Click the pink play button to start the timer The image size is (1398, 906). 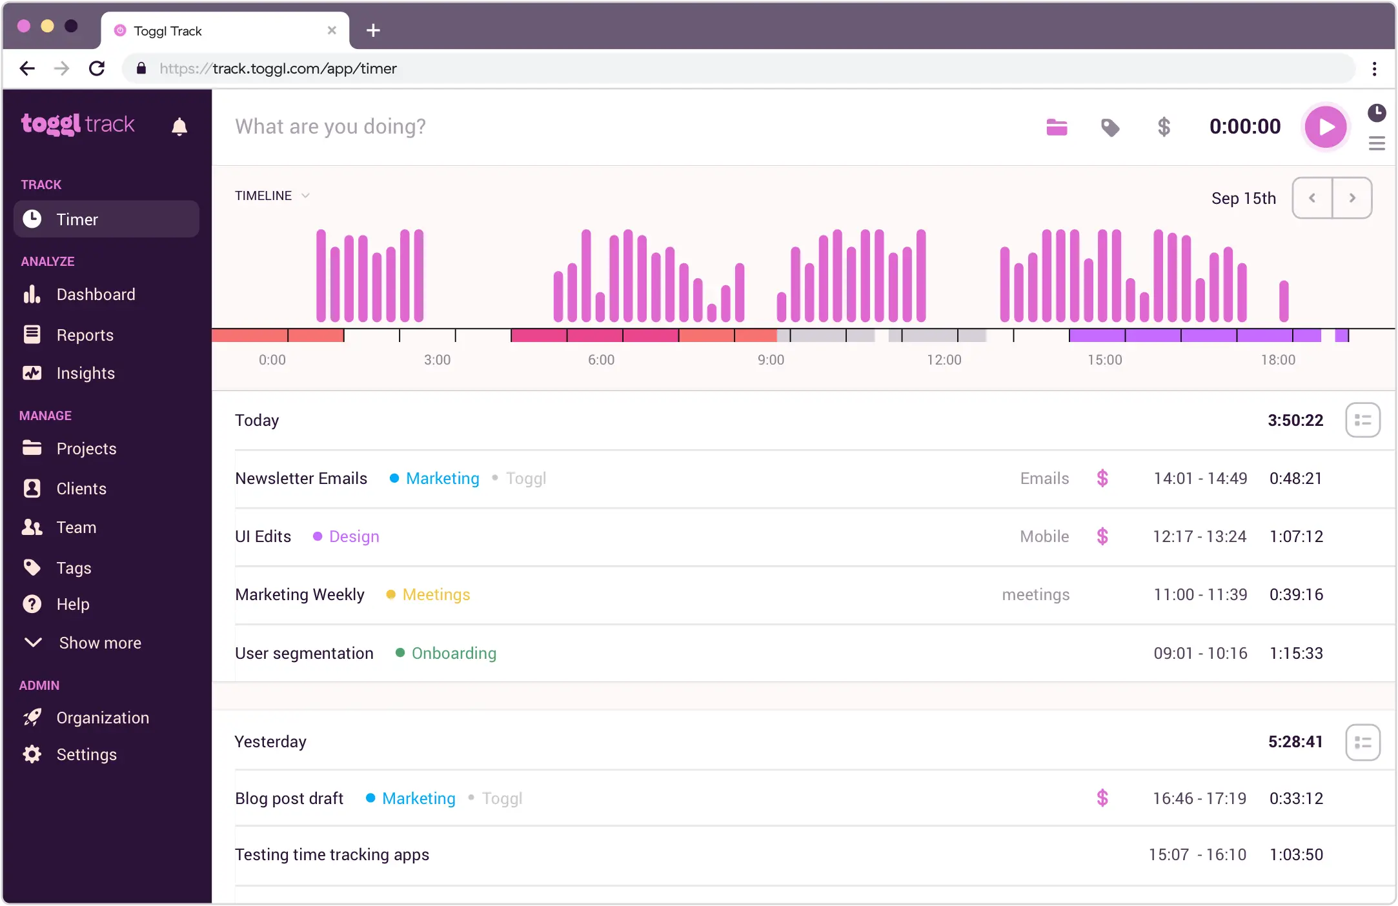point(1325,126)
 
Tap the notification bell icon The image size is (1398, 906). point(179,126)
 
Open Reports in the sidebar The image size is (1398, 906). point(85,335)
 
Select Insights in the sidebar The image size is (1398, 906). point(85,373)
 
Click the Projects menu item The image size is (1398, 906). point(86,448)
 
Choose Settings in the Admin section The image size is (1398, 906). point(86,754)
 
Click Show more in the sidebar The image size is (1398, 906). point(99,643)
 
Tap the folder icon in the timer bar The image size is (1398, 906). point(1057,127)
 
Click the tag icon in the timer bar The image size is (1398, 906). point(1109,127)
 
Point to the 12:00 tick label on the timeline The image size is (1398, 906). point(944,360)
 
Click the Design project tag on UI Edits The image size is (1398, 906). point(354,536)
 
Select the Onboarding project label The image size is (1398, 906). point(454,653)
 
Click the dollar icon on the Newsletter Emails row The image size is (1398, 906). point(1102,478)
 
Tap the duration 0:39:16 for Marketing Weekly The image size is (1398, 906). point(1296,594)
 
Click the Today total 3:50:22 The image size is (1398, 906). point(1295,420)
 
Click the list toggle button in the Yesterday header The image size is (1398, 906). point(1363,742)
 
